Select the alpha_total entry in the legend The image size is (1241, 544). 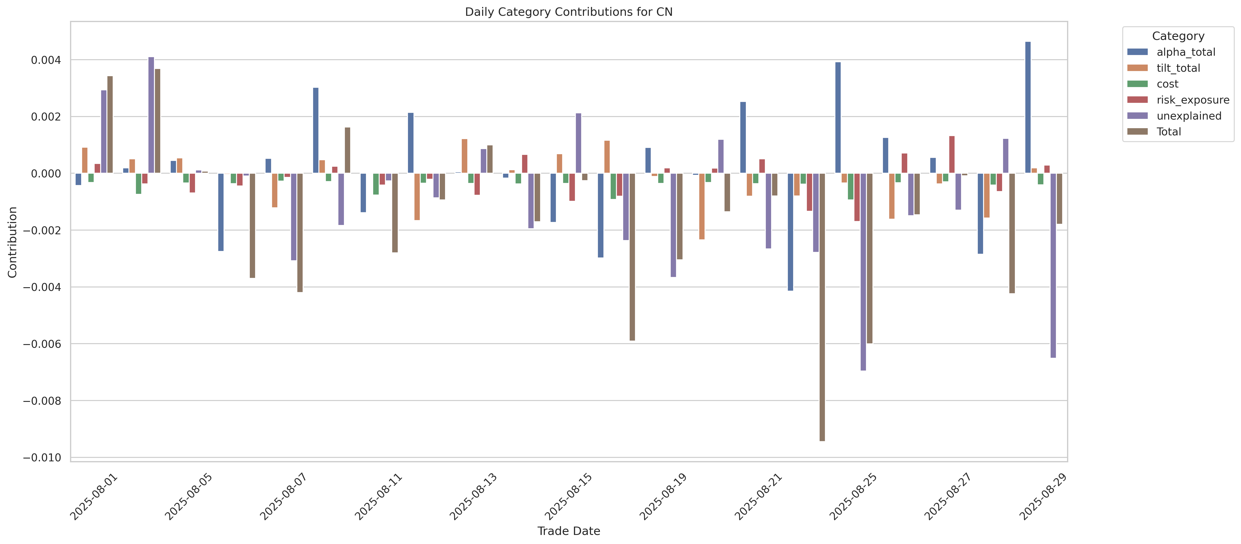tap(1186, 52)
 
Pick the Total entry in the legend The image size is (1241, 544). tap(1169, 132)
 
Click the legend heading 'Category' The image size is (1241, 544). tap(1178, 36)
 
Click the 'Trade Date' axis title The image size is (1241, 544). tap(568, 531)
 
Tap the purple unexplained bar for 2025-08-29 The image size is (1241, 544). tap(1053, 265)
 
